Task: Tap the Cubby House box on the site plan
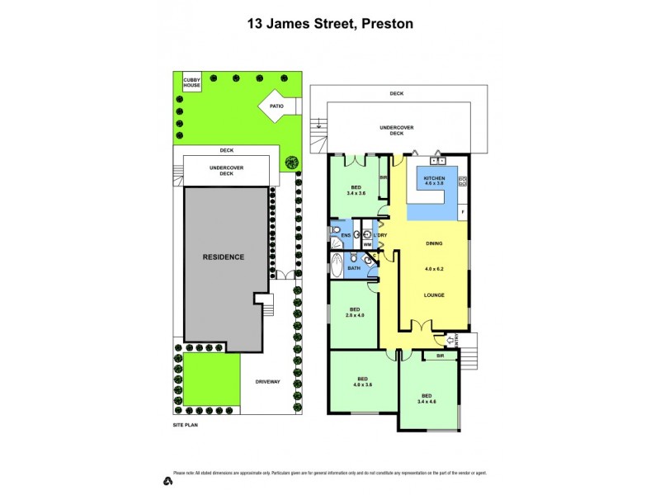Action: [192, 82]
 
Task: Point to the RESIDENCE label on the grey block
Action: [224, 257]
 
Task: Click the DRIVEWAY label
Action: [268, 382]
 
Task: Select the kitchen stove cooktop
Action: [463, 181]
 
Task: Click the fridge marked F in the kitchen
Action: [463, 212]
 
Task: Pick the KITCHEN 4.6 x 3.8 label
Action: [435, 182]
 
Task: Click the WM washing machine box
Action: [367, 245]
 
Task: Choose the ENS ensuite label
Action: [346, 236]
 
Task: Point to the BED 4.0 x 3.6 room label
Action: [362, 382]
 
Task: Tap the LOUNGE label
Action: [434, 295]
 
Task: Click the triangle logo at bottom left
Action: [167, 480]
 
